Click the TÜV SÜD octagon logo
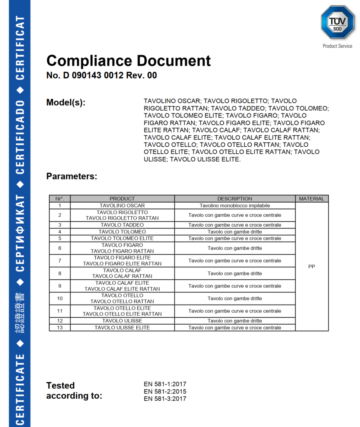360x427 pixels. tap(337, 22)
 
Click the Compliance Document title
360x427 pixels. tap(128, 61)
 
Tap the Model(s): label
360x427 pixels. tap(66, 102)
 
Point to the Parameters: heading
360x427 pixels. tap(71, 176)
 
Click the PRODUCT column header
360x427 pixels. tap(122, 199)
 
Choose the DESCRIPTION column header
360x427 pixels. tap(235, 199)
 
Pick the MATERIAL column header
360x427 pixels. tap(312, 199)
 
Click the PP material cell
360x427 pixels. tap(312, 267)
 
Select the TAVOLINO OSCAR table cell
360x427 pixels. tap(122, 205)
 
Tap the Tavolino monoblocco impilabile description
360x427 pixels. tap(235, 205)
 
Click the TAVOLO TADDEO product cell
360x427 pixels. tap(122, 225)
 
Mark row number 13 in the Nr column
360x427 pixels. tap(60, 328)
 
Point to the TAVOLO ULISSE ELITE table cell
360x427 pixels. tap(122, 328)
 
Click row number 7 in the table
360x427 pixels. tap(60, 261)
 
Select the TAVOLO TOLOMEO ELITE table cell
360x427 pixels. tap(122, 238)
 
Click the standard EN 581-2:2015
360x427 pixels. tap(165, 392)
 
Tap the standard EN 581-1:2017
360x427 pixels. tap(165, 384)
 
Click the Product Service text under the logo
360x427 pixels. tap(337, 46)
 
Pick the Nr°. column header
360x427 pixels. tap(60, 199)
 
